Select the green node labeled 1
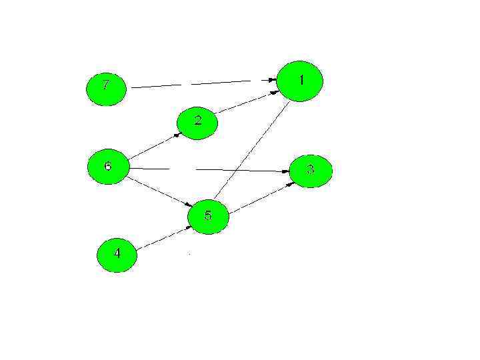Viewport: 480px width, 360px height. point(300,81)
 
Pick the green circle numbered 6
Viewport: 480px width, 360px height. point(108,167)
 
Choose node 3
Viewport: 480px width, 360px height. point(311,171)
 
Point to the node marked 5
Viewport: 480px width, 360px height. point(208,216)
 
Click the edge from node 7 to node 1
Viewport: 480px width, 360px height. point(200,83)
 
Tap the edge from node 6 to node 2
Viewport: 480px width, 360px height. point(153,147)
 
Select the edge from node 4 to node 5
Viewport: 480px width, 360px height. point(163,238)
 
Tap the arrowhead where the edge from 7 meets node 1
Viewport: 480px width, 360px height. point(271,80)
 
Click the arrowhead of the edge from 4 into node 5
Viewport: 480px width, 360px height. point(187,229)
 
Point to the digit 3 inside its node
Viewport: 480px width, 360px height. point(310,169)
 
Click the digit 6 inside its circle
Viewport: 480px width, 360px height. point(107,165)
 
